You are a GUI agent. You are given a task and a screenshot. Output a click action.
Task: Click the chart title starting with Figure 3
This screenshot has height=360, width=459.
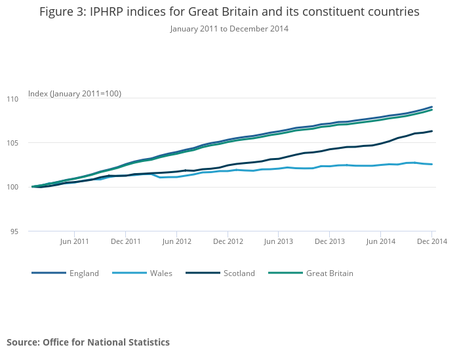point(229,12)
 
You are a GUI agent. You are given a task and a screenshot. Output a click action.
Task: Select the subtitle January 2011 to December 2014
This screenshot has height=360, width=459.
point(229,29)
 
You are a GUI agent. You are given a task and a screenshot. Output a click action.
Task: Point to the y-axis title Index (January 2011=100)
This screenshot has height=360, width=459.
point(75,94)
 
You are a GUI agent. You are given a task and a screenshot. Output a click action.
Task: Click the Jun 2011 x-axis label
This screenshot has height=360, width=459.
point(74,241)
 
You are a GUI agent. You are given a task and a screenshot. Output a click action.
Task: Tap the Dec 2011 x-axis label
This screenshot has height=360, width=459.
point(125,241)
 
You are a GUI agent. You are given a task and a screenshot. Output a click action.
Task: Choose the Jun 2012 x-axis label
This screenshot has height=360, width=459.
point(176,241)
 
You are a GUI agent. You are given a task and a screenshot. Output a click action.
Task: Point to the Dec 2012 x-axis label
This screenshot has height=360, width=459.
point(228,241)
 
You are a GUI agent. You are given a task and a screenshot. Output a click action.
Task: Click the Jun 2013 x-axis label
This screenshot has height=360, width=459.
point(279,241)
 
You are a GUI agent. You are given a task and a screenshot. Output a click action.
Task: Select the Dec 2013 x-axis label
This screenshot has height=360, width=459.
point(330,241)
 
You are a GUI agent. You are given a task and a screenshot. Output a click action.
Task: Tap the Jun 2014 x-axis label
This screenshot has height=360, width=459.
point(381,241)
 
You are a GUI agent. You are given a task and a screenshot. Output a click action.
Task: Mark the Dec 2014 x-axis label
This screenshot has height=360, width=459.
point(431,241)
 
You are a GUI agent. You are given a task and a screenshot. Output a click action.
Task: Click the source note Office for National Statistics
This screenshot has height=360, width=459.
point(89,342)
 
